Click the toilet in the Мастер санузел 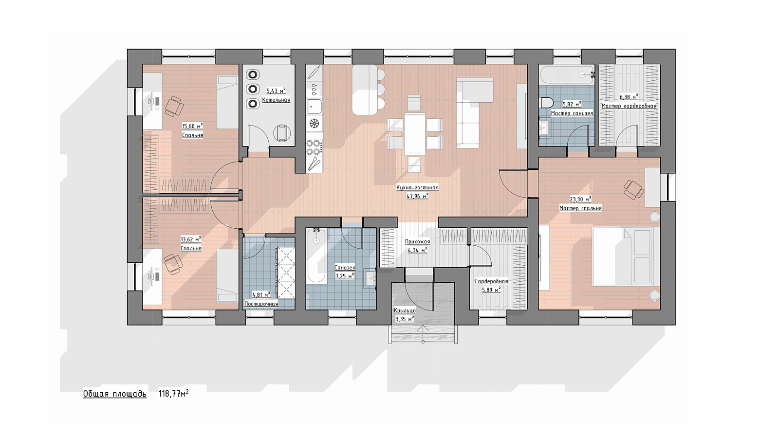(x=547, y=103)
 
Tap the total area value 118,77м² (x=174, y=394)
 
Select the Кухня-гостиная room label (x=417, y=188)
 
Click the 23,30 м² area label (x=580, y=199)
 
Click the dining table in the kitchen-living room (x=415, y=133)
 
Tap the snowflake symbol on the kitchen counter (x=315, y=124)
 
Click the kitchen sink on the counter (x=315, y=107)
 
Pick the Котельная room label (x=276, y=100)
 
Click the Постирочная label (x=261, y=304)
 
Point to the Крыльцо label (x=405, y=310)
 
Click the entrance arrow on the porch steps (x=423, y=333)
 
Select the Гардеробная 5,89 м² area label (x=491, y=290)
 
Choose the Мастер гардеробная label (x=629, y=106)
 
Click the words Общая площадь (x=115, y=394)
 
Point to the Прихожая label (x=417, y=241)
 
